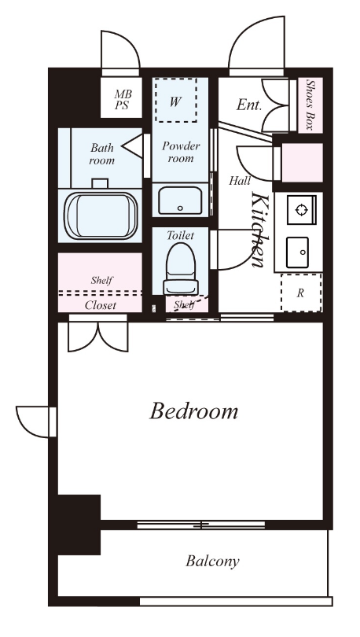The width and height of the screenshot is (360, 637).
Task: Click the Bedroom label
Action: [x=194, y=411]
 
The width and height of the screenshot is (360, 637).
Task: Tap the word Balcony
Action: [x=212, y=562]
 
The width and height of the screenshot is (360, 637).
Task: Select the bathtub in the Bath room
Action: [x=102, y=215]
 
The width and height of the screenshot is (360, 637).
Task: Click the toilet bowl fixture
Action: [x=181, y=268]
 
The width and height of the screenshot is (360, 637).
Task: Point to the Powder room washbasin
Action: [x=179, y=200]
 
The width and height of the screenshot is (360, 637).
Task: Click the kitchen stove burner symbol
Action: [x=301, y=210]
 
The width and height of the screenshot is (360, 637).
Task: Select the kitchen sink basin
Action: [x=297, y=252]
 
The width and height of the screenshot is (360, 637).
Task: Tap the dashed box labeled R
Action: [x=301, y=293]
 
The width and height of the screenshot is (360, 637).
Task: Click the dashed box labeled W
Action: [x=175, y=100]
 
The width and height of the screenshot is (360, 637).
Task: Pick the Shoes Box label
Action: [x=310, y=105]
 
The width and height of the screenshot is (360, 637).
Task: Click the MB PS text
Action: [x=122, y=100]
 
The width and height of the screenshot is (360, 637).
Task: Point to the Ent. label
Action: [x=249, y=105]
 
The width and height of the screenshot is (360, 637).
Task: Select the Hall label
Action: [x=240, y=180]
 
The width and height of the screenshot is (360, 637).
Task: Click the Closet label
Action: [x=101, y=305]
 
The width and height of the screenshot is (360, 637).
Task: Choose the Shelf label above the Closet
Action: [x=102, y=280]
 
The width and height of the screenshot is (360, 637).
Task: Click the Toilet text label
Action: [x=181, y=235]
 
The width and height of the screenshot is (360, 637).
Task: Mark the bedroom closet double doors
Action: [x=98, y=336]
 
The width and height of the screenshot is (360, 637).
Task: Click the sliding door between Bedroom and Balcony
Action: [x=201, y=525]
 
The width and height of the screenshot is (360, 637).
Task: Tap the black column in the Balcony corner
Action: [x=79, y=525]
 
